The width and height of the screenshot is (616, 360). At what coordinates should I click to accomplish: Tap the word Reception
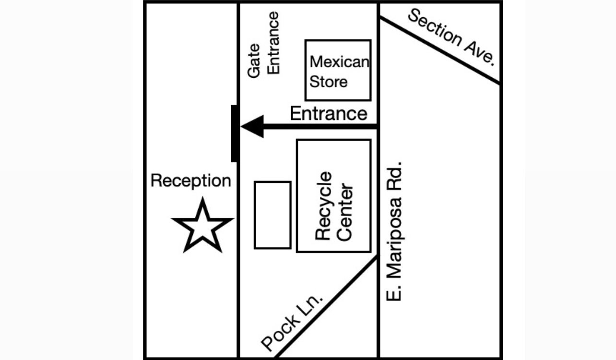coord(190,181)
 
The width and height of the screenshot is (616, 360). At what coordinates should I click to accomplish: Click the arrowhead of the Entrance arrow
coord(252,127)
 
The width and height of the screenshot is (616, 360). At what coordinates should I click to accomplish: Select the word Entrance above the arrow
coord(329,113)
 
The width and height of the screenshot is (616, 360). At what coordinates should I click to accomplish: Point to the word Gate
coord(254,60)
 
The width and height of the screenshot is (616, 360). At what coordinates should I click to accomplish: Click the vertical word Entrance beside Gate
coord(273,43)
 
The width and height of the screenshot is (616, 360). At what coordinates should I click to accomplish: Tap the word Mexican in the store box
coord(339,61)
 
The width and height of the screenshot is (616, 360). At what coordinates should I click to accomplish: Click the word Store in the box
coord(328,82)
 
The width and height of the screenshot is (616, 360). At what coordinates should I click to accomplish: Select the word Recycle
coord(323,206)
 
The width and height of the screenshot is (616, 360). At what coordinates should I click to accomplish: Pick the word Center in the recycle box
coord(344,212)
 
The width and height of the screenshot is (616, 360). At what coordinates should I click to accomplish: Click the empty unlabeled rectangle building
coord(272,181)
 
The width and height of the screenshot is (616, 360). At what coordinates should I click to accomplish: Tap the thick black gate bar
coord(234,133)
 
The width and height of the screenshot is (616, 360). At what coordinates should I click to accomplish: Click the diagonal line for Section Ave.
coord(439,50)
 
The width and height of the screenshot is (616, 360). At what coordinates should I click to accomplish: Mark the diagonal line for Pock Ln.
coord(326,307)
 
